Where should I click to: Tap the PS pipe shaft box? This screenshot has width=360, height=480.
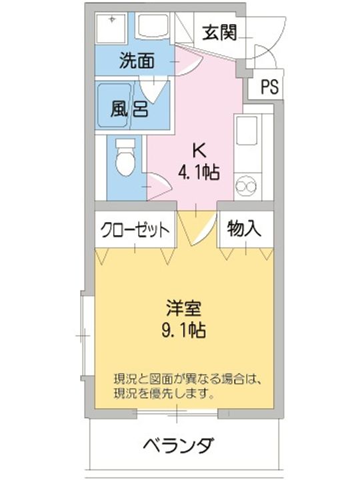pos(269,87)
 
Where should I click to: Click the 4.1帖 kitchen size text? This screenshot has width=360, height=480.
pos(199,171)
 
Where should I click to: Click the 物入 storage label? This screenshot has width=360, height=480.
pos(245,230)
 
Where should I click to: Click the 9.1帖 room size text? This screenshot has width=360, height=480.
pos(183,329)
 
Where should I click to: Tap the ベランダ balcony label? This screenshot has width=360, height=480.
pos(179,445)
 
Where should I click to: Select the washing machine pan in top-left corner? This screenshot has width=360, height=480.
pos(111,27)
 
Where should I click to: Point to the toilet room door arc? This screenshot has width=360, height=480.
pos(155,183)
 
